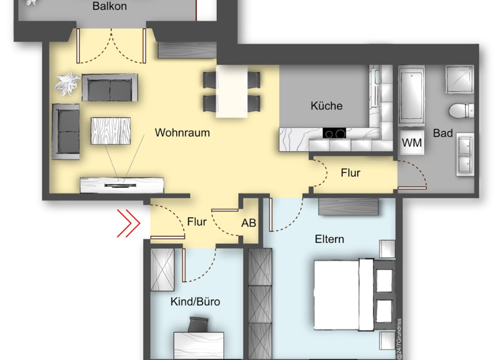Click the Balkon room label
click(x=109, y=7)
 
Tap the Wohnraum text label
click(x=182, y=133)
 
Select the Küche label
click(x=326, y=106)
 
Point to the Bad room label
click(x=443, y=134)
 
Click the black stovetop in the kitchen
click(x=334, y=134)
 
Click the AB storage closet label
click(x=249, y=224)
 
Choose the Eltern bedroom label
click(x=329, y=239)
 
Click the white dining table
click(x=232, y=91)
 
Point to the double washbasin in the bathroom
click(x=465, y=154)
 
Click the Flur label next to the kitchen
click(x=351, y=173)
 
